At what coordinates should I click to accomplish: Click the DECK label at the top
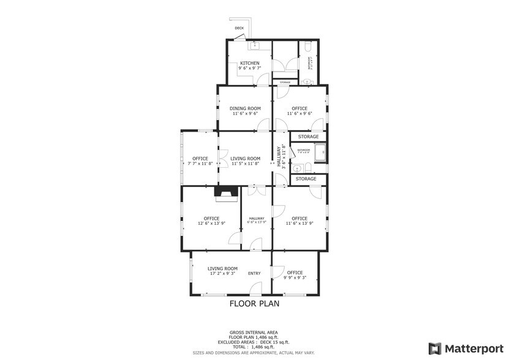(239, 28)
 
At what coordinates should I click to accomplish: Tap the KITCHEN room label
(249, 63)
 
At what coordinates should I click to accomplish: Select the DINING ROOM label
(245, 108)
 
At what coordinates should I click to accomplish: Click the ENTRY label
(254, 273)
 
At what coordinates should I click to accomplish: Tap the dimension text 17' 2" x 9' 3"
(222, 274)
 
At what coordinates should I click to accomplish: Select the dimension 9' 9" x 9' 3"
(295, 277)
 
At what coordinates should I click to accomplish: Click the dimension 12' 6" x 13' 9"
(211, 223)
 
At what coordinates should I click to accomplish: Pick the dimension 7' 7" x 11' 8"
(200, 163)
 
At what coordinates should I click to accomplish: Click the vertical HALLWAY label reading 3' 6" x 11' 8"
(280, 156)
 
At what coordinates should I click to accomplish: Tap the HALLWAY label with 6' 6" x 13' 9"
(257, 220)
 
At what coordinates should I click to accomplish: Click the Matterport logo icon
(434, 348)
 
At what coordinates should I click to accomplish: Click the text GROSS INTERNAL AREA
(254, 332)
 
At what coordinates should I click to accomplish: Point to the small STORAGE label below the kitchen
(285, 82)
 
